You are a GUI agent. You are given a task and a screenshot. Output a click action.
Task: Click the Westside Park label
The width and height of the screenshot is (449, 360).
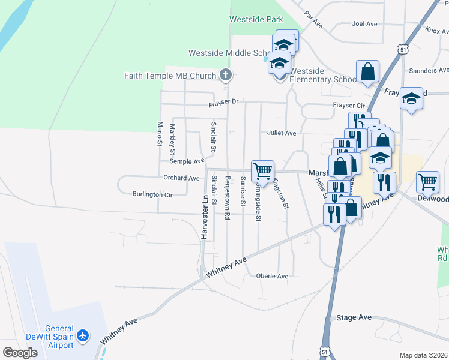tap(256, 19)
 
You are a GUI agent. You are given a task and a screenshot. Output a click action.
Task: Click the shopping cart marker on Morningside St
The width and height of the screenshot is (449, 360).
tap(262, 172)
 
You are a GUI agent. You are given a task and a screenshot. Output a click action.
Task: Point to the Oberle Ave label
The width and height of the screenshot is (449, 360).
tap(272, 276)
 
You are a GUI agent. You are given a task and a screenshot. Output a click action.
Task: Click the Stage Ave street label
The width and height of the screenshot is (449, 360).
tap(354, 317)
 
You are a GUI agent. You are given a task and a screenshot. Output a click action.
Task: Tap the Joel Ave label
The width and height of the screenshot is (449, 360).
tap(364, 24)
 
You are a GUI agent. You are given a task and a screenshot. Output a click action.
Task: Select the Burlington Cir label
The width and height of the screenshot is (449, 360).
tap(152, 194)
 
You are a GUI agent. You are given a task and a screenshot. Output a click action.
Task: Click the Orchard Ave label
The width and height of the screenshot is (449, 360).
tap(181, 178)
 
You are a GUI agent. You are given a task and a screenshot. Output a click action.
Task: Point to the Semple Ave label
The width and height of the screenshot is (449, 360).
tap(187, 161)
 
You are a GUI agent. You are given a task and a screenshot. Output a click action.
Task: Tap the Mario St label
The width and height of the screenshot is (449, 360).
tap(160, 134)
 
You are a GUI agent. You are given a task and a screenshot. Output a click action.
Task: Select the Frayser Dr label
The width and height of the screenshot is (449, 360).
tap(223, 103)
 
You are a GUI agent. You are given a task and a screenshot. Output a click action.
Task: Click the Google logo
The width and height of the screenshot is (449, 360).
tap(20, 353)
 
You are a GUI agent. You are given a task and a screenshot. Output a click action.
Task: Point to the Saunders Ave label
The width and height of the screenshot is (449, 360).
tap(429, 71)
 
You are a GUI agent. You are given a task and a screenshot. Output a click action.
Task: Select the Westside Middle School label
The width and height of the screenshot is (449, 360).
tap(219, 53)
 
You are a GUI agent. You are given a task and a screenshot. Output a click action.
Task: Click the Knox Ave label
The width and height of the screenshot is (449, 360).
tap(436, 29)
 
